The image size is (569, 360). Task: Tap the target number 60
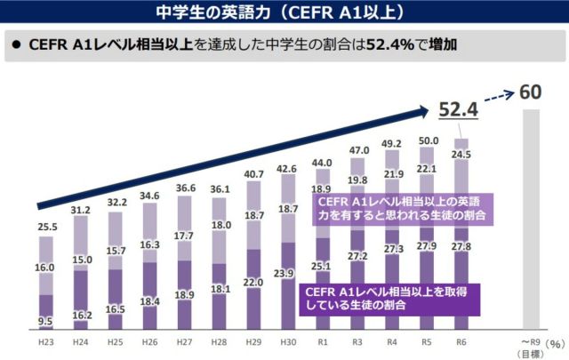[530, 92]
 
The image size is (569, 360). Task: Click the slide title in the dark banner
[284, 12]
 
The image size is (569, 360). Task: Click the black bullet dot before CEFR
[15, 44]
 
